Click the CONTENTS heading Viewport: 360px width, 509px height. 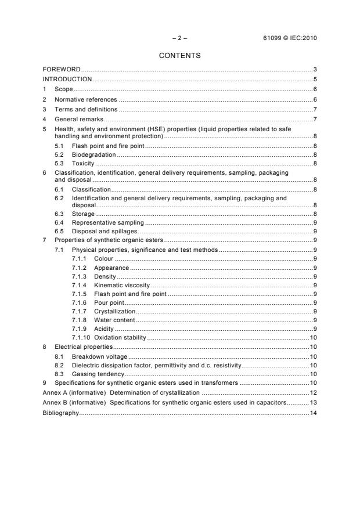tap(179, 56)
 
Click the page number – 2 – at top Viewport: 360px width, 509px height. tap(179, 38)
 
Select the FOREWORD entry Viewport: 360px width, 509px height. tap(62, 70)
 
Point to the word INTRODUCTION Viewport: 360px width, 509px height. tap(67, 79)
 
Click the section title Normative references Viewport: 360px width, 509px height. tap(85, 99)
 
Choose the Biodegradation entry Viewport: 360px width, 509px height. tap(93, 154)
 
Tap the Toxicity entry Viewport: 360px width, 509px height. tap(83, 164)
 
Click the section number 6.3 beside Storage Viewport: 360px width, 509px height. tap(59, 214)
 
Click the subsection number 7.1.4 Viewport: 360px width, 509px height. tap(80, 286)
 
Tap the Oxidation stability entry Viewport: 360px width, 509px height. tap(120, 337)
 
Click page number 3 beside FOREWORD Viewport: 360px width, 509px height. tap(314, 70)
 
